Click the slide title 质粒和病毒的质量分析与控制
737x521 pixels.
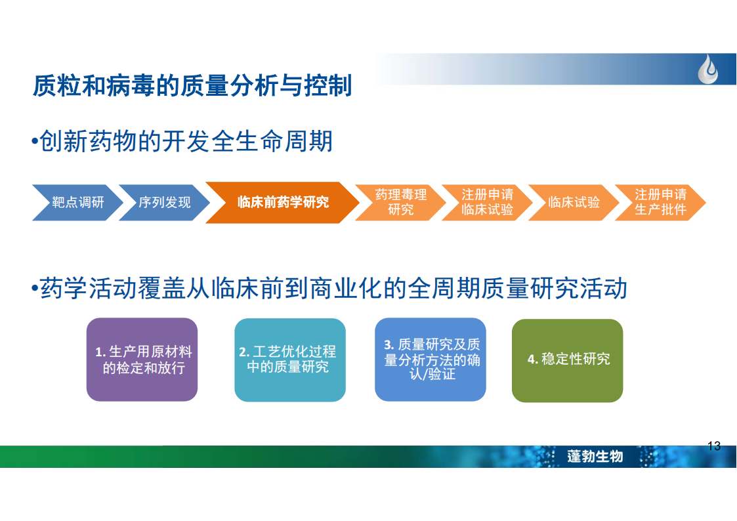point(192,85)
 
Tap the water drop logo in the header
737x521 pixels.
point(708,69)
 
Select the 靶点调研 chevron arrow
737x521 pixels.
point(77,203)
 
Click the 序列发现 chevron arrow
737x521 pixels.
point(164,203)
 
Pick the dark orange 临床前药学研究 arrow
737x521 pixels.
point(282,203)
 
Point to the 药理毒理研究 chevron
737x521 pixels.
point(400,203)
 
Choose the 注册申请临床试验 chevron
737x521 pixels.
point(487,203)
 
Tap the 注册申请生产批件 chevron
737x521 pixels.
point(660,203)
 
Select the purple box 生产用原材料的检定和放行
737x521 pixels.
point(142,360)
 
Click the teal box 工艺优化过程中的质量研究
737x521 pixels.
point(290,360)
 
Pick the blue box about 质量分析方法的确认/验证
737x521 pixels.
point(431,360)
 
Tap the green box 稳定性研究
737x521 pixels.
point(567,360)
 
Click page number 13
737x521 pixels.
point(714,446)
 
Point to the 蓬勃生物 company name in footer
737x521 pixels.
point(595,456)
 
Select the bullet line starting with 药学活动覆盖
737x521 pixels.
point(329,288)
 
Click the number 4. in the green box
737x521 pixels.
point(532,360)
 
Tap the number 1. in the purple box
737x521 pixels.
point(100,352)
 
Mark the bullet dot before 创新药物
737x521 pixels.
point(34,141)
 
